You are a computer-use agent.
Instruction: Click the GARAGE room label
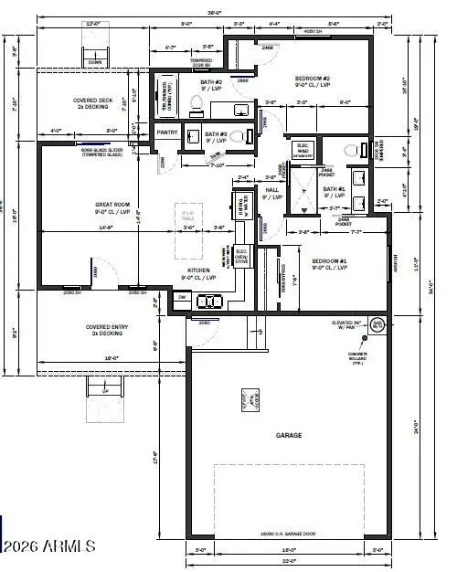[289, 436]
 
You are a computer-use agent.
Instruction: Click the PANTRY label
[167, 132]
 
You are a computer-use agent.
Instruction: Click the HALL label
[271, 190]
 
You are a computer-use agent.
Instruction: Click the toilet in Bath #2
[195, 108]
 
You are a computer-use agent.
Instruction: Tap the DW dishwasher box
[182, 298]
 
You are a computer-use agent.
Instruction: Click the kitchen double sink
[212, 302]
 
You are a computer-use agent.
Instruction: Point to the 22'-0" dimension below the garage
[289, 560]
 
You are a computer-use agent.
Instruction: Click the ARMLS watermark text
[51, 546]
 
